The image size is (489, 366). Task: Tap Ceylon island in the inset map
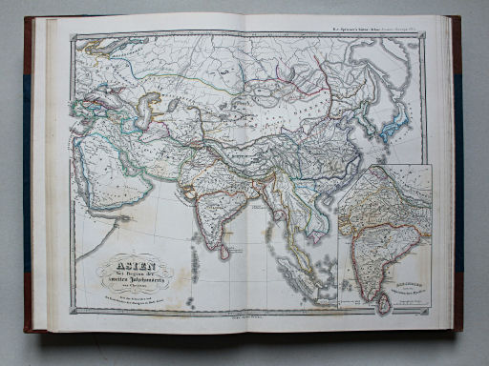(384, 303)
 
